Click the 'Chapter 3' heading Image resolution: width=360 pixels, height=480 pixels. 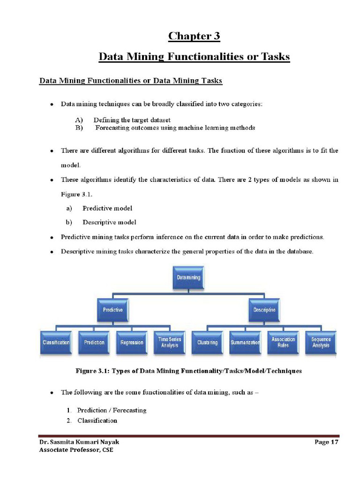[x=194, y=36]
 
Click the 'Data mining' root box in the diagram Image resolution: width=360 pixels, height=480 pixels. [x=188, y=277]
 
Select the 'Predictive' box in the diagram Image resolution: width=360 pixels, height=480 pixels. [x=113, y=310]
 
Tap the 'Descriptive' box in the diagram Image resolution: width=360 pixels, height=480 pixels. [x=264, y=310]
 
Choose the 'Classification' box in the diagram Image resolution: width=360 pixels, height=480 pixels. [x=56, y=343]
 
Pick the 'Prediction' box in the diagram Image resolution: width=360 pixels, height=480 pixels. [x=94, y=343]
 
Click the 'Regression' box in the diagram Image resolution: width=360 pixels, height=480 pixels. [x=132, y=343]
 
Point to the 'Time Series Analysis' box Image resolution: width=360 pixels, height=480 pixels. [x=170, y=343]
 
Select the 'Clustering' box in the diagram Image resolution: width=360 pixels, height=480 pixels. [x=208, y=343]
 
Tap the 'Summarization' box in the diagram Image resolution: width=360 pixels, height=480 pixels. [x=245, y=343]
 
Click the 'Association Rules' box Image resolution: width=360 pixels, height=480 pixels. [x=283, y=343]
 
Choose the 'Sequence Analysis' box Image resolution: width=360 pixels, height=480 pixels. [x=321, y=343]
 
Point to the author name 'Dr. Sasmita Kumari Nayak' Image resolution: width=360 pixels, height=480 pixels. [x=75, y=442]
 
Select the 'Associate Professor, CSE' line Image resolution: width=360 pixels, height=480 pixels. [x=76, y=450]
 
